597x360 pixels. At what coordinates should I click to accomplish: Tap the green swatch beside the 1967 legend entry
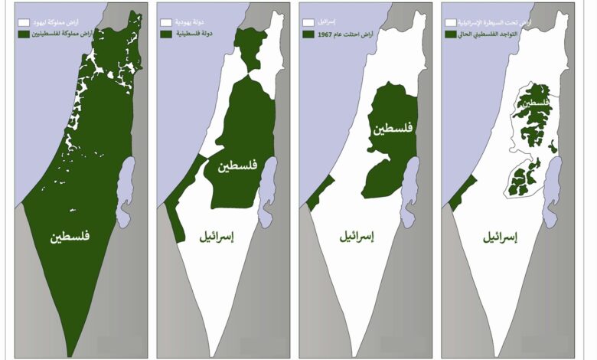308,34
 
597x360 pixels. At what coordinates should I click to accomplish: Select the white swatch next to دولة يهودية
165,24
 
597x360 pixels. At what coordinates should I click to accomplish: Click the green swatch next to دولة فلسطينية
165,34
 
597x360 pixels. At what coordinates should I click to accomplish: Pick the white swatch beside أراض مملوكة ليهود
24,24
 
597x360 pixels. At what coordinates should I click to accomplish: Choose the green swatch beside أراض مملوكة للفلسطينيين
24,34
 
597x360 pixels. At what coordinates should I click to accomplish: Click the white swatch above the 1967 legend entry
308,24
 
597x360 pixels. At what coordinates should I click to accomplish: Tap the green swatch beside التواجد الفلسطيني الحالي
450,34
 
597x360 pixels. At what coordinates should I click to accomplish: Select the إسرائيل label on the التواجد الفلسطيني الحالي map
501,238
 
